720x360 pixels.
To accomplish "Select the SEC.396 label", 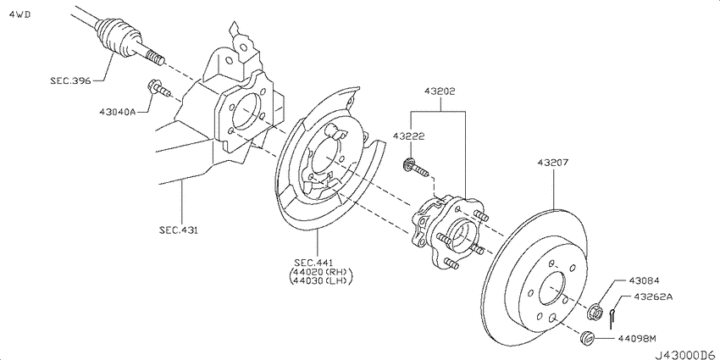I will tap(69, 80).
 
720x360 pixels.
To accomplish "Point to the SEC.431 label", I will tap(180, 230).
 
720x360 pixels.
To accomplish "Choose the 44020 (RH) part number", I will tap(321, 271).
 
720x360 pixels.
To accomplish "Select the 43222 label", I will tap(408, 136).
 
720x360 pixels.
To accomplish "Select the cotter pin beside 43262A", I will tap(611, 313).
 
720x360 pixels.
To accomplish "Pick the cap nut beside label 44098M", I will tap(583, 340).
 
